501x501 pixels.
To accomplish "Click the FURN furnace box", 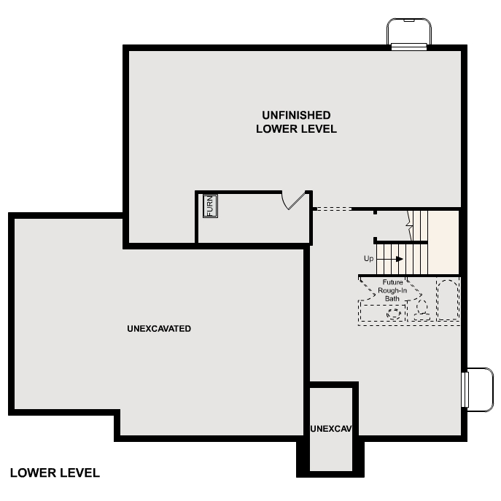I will pos(210,206).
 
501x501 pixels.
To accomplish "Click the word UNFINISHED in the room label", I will pos(296,115).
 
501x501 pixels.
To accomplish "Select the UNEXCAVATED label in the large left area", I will pos(159,329).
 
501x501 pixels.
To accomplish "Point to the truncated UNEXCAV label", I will pos(331,428).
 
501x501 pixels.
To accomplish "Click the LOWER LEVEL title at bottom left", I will pos(55,473).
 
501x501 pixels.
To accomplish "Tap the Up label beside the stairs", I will pos(369,259).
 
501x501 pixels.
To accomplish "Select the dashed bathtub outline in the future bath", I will pos(446,300).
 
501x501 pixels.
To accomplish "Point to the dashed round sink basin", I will pos(394,314).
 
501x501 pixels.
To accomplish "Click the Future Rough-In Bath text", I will pos(392,290).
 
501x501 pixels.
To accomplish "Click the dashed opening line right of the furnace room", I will pos(332,209).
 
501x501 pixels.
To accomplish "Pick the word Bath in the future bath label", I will pos(392,298).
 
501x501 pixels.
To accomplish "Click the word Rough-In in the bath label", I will pos(392,290).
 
